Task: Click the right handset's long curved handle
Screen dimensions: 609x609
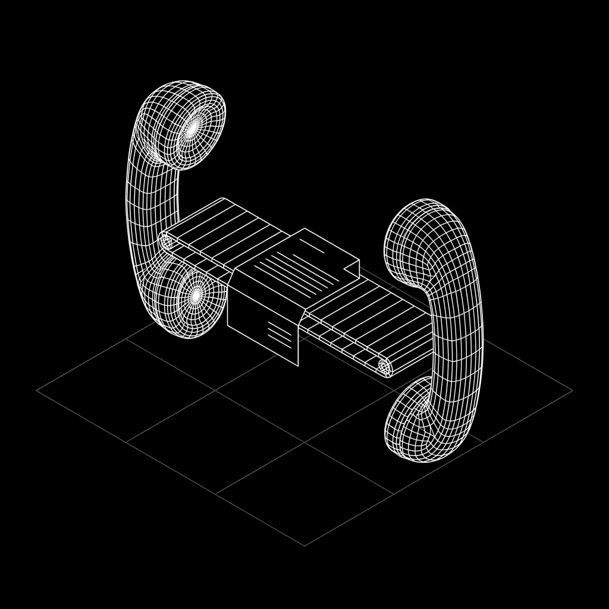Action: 461,333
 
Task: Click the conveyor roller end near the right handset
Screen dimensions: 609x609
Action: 384,367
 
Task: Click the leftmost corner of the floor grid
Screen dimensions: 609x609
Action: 37,391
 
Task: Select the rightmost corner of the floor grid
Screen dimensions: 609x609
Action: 572,391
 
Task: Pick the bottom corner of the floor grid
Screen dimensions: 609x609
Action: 304,545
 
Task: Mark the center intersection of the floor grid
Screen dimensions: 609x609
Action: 304,442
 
